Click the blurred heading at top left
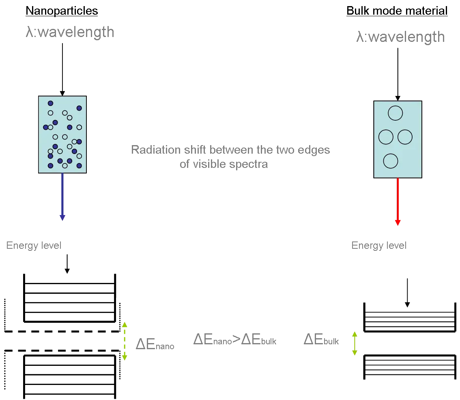click(61, 10)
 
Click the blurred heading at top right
click(396, 10)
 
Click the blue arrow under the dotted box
click(62, 197)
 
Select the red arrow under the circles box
click(398, 201)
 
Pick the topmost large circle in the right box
click(395, 113)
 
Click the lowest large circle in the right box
click(390, 161)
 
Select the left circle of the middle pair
click(385, 137)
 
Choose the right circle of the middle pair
click(405, 137)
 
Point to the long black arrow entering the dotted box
click(63, 67)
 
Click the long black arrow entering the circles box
click(397, 71)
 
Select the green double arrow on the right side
click(355, 343)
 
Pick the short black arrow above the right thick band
click(407, 292)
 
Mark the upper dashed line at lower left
click(61, 332)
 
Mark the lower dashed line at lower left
click(61, 350)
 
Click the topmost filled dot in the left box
click(50, 103)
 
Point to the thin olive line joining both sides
click(239, 359)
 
